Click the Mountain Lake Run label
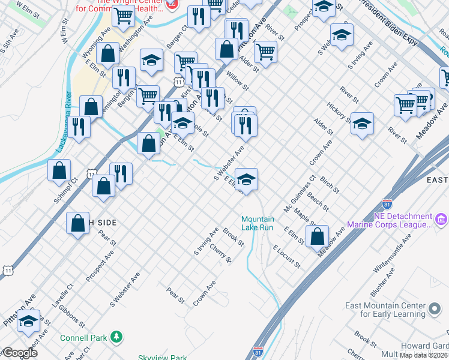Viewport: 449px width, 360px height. pos(258,223)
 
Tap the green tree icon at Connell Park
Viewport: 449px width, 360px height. pos(119,337)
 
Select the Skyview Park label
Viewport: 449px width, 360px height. pos(162,357)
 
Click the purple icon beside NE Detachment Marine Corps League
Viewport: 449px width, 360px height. pos(442,220)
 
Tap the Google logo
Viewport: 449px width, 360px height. pos(19,353)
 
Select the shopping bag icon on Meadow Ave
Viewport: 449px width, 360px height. pos(318,236)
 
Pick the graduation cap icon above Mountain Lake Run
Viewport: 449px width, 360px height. pos(246,179)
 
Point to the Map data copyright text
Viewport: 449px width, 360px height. pos(423,355)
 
